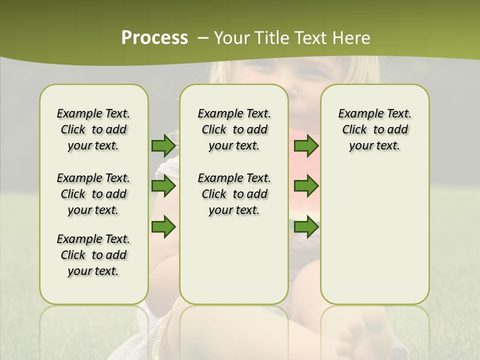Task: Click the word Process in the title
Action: [x=154, y=37]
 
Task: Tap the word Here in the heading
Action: [x=352, y=37]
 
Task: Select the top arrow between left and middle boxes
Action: [x=163, y=146]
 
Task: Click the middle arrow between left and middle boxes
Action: [x=163, y=186]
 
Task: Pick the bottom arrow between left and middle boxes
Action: [x=163, y=226]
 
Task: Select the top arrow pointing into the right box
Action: [x=306, y=146]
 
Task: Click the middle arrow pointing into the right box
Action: [x=306, y=186]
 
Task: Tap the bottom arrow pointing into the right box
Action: [x=306, y=226]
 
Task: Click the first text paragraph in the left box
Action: [x=93, y=129]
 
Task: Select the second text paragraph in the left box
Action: [x=93, y=194]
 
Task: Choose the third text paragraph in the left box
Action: [x=93, y=255]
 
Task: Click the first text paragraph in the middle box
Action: [x=234, y=129]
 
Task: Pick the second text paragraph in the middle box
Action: [x=234, y=194]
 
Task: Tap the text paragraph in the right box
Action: [x=374, y=129]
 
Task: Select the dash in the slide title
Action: [x=203, y=37]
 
